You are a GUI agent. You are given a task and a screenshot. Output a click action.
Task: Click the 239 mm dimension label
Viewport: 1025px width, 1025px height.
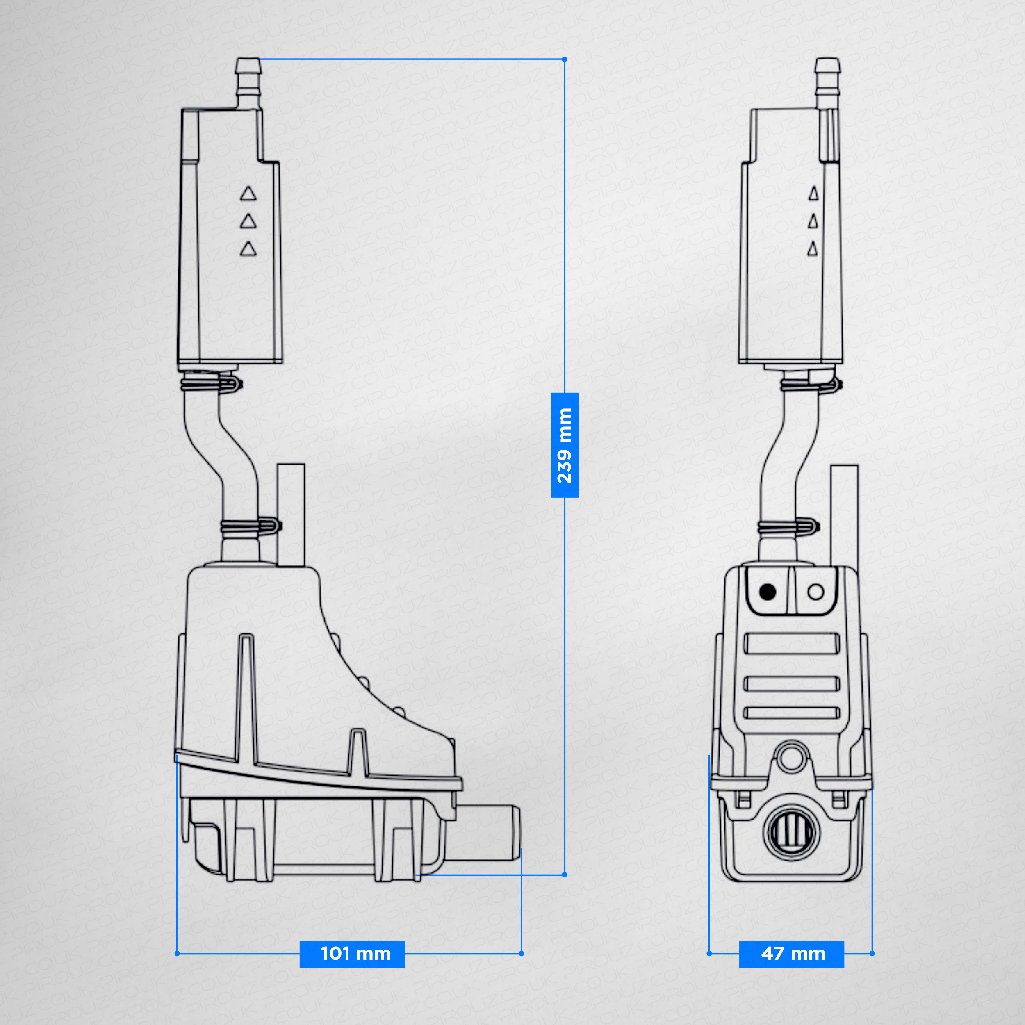pyautogui.click(x=565, y=445)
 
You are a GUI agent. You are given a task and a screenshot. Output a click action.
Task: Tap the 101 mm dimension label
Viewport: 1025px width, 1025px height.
pyautogui.click(x=352, y=953)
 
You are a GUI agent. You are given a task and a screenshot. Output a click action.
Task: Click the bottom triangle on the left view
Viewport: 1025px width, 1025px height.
pyautogui.click(x=248, y=249)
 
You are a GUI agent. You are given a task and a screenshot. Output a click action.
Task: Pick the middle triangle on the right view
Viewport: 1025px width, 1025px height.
pyautogui.click(x=813, y=221)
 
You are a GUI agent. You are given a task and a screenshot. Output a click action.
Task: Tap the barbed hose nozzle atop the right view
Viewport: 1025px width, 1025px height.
pyautogui.click(x=827, y=80)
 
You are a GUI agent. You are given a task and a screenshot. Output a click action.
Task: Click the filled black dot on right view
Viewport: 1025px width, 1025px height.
pyautogui.click(x=768, y=592)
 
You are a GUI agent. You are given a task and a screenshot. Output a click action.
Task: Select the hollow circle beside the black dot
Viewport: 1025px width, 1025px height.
pyautogui.click(x=815, y=592)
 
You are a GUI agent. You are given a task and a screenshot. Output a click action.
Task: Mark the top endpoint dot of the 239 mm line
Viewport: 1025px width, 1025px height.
pyautogui.click(x=565, y=59)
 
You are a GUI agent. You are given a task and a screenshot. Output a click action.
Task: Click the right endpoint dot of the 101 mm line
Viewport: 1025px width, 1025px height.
pyautogui.click(x=522, y=953)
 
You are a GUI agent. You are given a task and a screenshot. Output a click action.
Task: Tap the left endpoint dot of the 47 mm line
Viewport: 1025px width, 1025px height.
pyautogui.click(x=709, y=953)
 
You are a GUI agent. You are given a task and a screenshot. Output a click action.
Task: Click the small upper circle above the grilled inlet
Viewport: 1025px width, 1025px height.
pyautogui.click(x=792, y=756)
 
